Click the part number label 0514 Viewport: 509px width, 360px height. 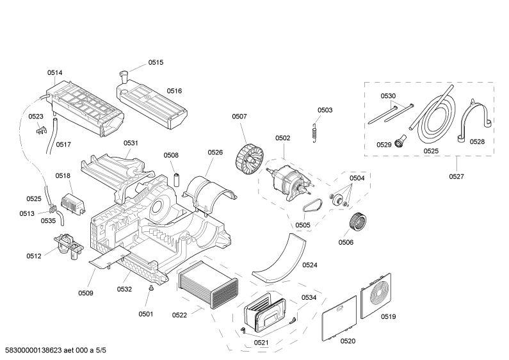(x=55, y=73)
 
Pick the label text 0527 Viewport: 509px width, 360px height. (x=456, y=176)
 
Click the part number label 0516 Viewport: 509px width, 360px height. (x=175, y=92)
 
